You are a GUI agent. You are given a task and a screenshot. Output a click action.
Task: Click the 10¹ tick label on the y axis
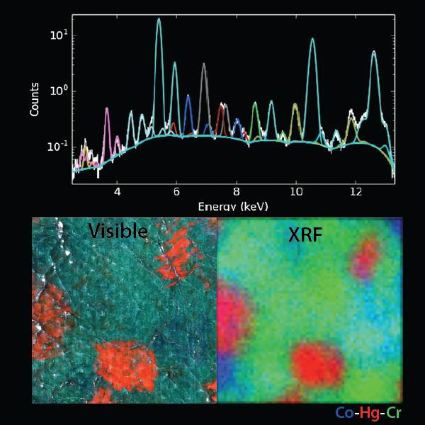pos(58,35)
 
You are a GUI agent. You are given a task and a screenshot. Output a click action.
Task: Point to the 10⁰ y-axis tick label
pos(58,91)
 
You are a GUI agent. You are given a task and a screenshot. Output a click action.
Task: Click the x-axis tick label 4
pos(118,191)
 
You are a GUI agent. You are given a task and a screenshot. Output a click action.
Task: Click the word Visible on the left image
pos(118,231)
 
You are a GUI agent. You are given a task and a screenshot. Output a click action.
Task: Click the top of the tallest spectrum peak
pos(159,19)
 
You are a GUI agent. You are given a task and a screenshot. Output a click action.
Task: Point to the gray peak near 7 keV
pos(204,64)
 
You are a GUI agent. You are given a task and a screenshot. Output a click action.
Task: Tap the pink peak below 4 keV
pos(107,109)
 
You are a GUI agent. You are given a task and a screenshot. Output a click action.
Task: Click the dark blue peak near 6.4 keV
pos(188,96)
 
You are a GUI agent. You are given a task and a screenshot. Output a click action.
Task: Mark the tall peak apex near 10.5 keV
pos(312,39)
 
